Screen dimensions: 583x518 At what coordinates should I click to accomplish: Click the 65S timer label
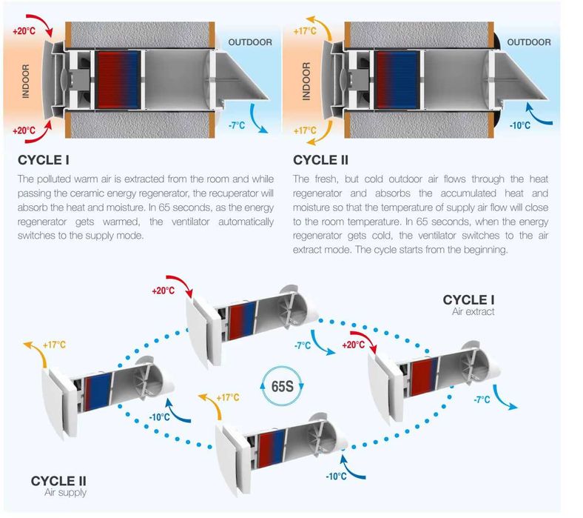point(282,386)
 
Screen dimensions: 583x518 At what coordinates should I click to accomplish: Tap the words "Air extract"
point(474,312)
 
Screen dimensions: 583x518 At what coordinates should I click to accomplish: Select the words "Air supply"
point(65,492)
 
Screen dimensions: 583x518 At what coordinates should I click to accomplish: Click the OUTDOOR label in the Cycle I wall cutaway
point(250,42)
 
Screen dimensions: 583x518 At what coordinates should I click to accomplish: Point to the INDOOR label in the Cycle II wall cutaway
point(306,82)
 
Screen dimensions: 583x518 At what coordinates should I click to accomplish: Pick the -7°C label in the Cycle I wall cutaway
point(237,125)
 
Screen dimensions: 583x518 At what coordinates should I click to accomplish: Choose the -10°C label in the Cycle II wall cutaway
point(520,125)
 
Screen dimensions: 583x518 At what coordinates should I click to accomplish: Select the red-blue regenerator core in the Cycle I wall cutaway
point(118,80)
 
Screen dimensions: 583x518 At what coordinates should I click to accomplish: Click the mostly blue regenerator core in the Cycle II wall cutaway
point(398,80)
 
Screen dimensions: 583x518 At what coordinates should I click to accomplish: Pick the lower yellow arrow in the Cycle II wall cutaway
point(319,134)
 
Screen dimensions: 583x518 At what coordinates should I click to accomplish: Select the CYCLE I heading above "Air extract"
point(468,300)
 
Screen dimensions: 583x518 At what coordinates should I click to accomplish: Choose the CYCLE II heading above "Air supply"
point(58,481)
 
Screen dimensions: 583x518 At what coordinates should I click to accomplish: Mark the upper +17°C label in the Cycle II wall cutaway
point(305,31)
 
